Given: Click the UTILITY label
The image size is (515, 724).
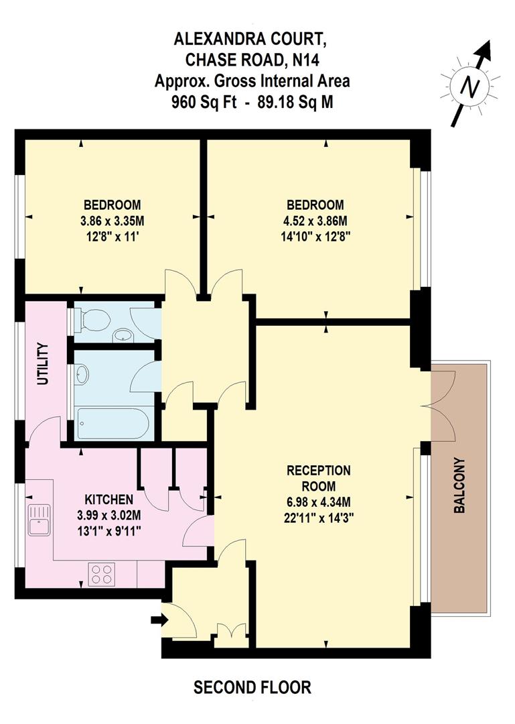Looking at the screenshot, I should (44, 363).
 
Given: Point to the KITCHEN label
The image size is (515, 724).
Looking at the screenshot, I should (108, 500).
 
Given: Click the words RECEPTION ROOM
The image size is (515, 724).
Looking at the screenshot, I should (319, 478).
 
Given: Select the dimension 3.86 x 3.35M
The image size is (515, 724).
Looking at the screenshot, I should (112, 221).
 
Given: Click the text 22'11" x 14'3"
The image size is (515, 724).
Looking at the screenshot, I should (319, 517).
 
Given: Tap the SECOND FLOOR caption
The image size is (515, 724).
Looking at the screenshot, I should (252, 687).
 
